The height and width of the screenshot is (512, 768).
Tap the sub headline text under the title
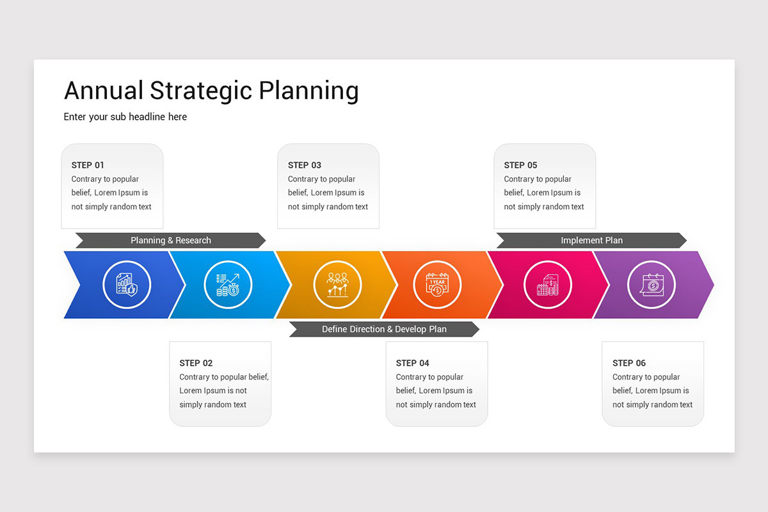[125, 117]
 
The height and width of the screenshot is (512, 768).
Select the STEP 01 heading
[88, 165]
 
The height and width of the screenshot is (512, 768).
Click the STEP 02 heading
[196, 363]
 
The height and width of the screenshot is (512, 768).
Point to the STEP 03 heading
[305, 165]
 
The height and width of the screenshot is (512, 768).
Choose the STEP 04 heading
[412, 363]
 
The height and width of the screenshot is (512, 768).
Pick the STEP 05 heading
[520, 165]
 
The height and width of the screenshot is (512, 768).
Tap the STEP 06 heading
[628, 363]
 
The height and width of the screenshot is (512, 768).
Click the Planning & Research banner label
[171, 241]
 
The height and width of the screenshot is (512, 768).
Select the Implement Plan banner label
[592, 241]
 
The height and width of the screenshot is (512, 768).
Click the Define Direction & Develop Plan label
[384, 329]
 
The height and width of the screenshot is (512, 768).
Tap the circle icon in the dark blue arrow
[127, 285]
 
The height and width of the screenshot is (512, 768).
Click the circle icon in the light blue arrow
[228, 285]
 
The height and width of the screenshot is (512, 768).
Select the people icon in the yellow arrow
[337, 285]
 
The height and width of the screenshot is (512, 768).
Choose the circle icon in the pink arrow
[548, 285]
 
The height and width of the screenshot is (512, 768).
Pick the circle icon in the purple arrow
[652, 285]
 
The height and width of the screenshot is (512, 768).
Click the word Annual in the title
[104, 90]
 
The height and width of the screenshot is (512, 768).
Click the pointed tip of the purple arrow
[714, 285]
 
